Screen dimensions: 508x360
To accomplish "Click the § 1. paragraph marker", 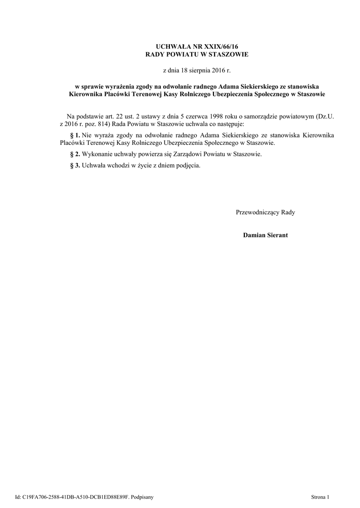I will pos(73,135).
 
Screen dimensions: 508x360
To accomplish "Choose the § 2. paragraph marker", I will pos(73,154).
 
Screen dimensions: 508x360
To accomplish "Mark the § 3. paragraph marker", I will pos(73,166).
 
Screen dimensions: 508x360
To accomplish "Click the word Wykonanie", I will pos(97,154).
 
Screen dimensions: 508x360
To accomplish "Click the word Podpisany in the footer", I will pos(142,497).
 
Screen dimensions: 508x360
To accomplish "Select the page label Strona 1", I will pos(320,497).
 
